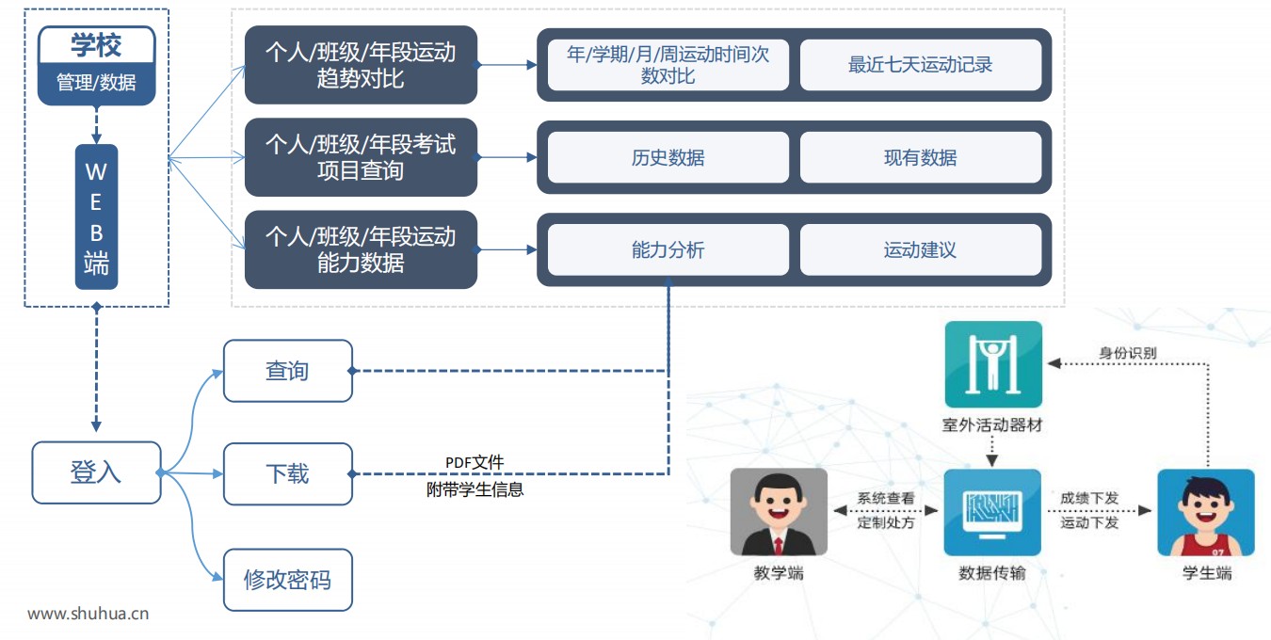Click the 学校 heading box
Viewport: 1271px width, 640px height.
[x=96, y=45]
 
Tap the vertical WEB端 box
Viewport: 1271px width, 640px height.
[x=96, y=217]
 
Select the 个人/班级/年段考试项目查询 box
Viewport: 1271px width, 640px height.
[x=361, y=157]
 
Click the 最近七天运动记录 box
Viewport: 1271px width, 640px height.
[x=920, y=65]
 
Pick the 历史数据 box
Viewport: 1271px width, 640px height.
[x=668, y=157]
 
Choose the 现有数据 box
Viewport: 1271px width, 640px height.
[x=920, y=157]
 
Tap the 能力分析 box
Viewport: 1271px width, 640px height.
[x=668, y=249]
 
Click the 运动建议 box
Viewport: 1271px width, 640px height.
[x=920, y=249]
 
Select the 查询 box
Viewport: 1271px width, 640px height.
[x=287, y=371]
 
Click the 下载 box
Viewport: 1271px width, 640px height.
[x=287, y=473]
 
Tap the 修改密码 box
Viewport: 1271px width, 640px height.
[x=287, y=580]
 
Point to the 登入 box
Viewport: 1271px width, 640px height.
[x=95, y=472]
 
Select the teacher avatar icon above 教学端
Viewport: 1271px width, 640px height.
[x=779, y=512]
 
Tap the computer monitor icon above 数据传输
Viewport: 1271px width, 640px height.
[x=992, y=512]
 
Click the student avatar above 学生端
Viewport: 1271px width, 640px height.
[x=1206, y=512]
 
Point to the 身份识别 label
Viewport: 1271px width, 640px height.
[x=1128, y=354]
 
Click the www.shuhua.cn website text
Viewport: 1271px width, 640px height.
[x=88, y=615]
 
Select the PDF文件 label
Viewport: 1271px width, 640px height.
[x=475, y=462]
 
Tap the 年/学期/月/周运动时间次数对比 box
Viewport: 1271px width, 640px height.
[x=668, y=65]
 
